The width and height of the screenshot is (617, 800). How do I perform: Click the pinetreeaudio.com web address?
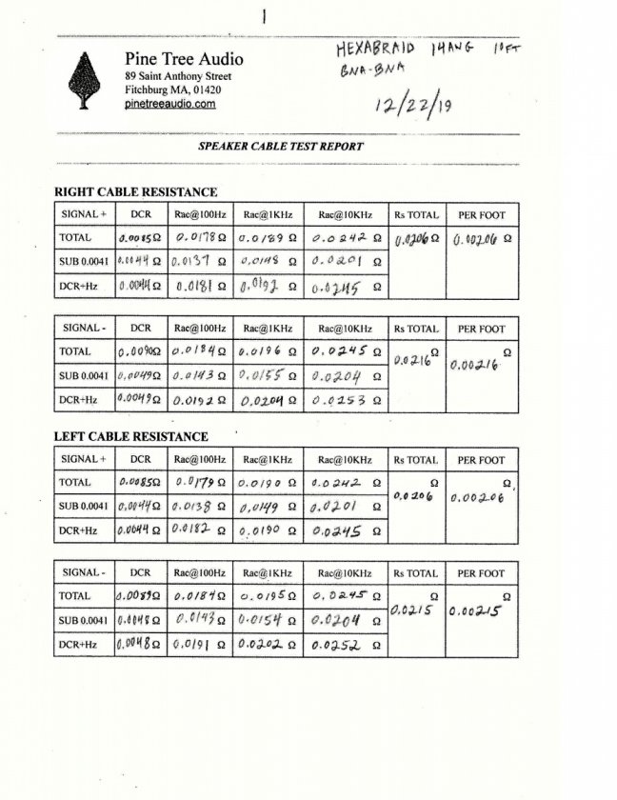click(x=169, y=104)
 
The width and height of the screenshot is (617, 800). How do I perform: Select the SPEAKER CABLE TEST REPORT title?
click(x=280, y=147)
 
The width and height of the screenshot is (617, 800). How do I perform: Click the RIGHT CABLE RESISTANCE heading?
click(x=135, y=192)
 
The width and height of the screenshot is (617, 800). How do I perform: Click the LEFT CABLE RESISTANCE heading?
click(x=130, y=436)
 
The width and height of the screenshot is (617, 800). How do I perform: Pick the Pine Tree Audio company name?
click(x=184, y=58)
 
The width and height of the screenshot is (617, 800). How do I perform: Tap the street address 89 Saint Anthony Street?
click(x=177, y=76)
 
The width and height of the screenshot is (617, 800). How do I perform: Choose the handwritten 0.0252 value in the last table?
click(x=341, y=646)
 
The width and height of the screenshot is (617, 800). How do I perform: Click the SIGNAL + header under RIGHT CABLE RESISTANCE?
click(x=84, y=214)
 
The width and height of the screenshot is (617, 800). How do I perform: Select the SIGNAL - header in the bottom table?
click(x=84, y=573)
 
